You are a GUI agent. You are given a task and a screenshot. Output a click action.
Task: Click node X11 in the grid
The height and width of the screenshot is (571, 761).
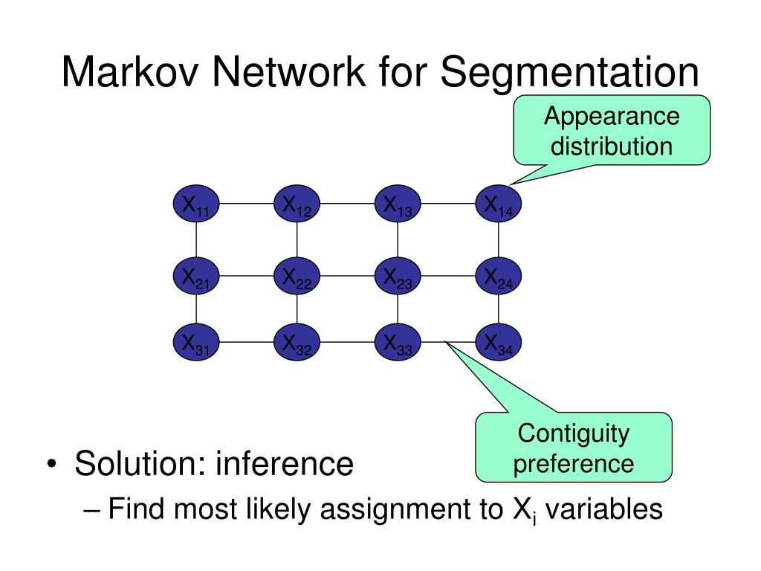pos(196,204)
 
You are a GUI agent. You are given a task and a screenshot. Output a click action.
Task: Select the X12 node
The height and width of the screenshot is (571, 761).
pos(297,204)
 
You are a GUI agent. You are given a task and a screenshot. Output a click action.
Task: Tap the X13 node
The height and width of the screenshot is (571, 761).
pos(398,204)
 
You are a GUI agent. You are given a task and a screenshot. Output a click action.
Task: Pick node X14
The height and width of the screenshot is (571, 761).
pos(499,204)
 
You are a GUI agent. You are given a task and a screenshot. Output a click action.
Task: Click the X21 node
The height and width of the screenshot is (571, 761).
pos(196,276)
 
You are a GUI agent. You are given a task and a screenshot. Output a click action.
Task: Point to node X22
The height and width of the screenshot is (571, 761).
pos(297,276)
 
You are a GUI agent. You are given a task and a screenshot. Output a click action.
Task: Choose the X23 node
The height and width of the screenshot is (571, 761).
pos(398,276)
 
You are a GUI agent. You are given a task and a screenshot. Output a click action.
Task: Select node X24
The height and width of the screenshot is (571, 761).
pos(499,276)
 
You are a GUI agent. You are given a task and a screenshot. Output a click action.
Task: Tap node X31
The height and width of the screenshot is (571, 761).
pos(196,342)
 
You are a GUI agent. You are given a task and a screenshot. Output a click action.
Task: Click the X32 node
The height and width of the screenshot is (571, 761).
pos(297,342)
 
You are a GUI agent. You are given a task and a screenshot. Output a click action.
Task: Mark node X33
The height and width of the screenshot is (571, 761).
pos(398,342)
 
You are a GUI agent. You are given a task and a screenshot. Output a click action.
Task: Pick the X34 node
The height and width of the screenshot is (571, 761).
pos(499,342)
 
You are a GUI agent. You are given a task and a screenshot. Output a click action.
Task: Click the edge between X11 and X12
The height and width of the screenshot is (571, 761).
pos(247,204)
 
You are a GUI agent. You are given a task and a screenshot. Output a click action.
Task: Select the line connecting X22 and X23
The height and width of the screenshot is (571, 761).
pos(348,276)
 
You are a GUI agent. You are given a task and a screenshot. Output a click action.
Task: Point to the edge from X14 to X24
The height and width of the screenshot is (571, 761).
pos(499,239)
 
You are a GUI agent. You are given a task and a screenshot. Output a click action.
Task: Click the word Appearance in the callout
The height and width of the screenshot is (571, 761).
pos(612,117)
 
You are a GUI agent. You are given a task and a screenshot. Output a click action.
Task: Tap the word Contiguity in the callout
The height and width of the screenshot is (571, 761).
pos(574,433)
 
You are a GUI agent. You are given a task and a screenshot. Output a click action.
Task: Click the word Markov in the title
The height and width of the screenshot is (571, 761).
pos(130,72)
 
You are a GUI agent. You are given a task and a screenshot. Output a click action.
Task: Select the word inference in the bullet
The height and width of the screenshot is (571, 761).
pos(285,463)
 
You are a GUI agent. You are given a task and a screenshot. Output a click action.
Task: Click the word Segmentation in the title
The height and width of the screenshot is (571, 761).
pos(570,73)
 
